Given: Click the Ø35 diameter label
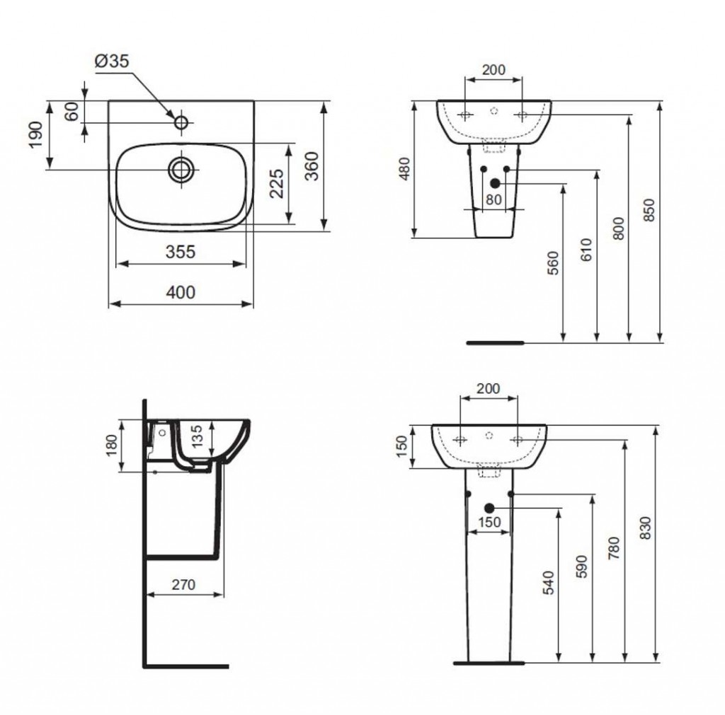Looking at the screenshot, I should coord(112,62).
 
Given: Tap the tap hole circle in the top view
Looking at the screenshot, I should coord(181,123).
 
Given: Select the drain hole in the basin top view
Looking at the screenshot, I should coord(182,169).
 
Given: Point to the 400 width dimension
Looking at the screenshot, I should coord(181,292).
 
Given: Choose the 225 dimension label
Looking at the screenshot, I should coord(278,184).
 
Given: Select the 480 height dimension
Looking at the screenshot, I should coord(404,170).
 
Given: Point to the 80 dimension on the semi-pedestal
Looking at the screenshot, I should coord(493,200).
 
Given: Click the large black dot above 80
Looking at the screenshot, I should coord(494,183).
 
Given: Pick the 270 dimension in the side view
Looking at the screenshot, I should coord(183,585).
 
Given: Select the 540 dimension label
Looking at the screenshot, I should coord(547,581).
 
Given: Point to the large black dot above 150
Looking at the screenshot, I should coord(489,508).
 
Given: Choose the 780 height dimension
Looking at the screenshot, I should coord(613,548).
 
